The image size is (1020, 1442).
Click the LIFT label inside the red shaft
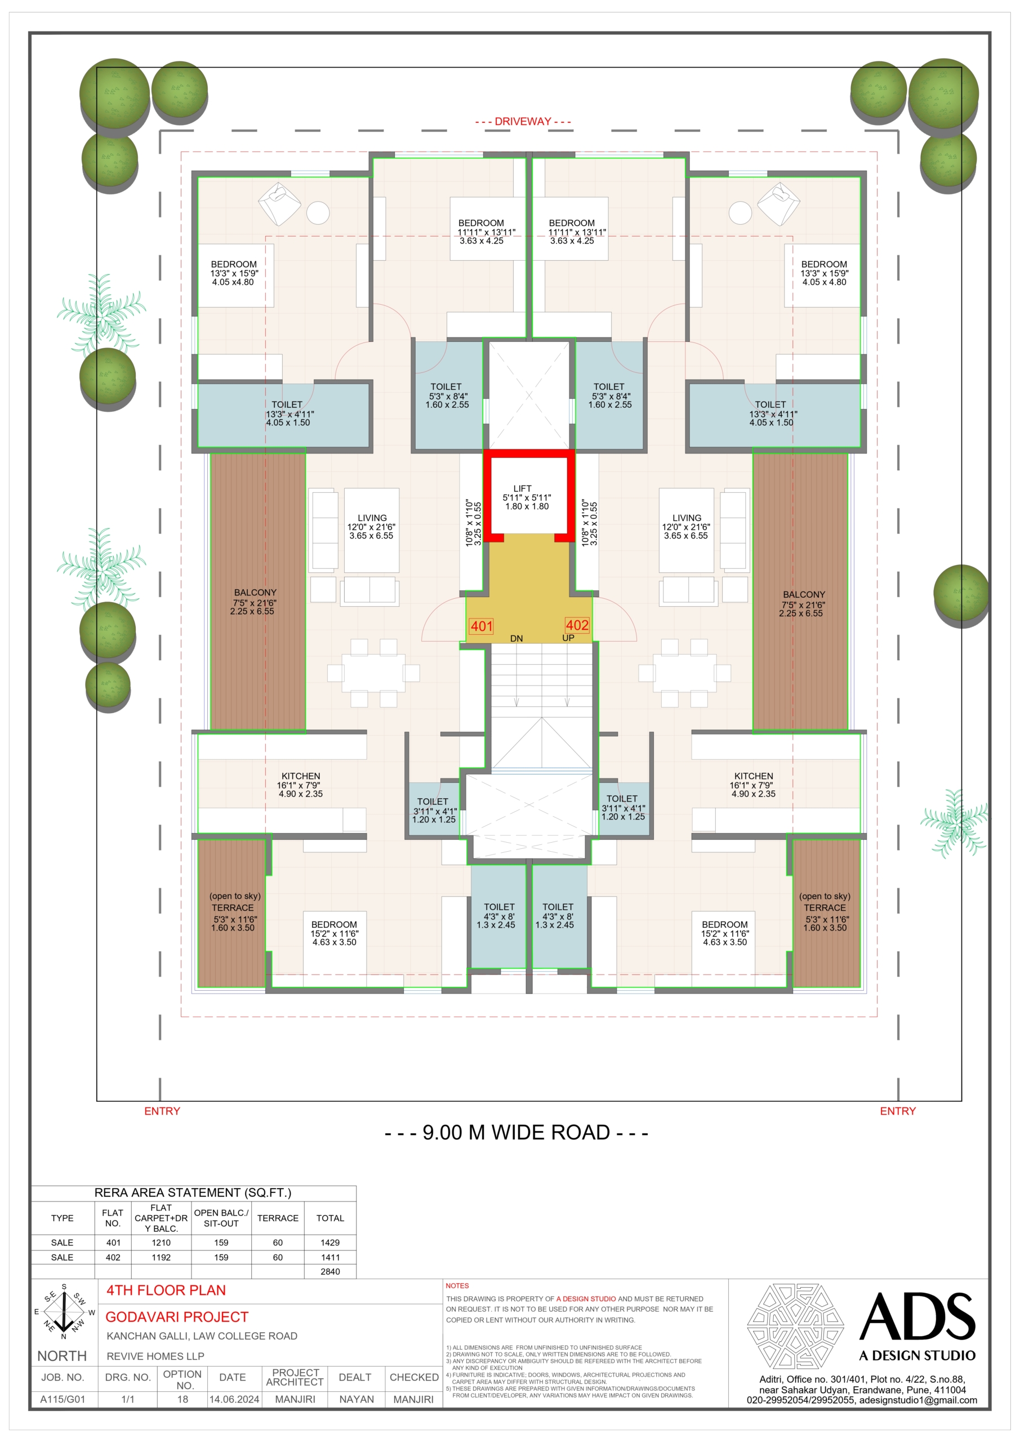(522, 488)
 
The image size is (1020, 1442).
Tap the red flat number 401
(482, 626)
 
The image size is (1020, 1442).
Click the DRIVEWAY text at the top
(523, 121)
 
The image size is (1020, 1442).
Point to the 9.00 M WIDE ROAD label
(516, 1132)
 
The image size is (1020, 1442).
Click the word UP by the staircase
(568, 638)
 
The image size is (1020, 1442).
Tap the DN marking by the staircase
(516, 638)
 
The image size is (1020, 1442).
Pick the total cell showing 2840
(331, 1271)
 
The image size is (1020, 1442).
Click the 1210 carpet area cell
(162, 1242)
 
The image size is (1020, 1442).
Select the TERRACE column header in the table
(278, 1218)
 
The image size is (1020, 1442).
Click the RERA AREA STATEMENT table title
(193, 1192)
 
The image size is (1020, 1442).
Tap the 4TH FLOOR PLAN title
(166, 1290)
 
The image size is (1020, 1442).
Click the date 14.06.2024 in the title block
(234, 1399)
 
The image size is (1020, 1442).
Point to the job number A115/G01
(62, 1399)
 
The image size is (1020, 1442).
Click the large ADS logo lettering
(917, 1316)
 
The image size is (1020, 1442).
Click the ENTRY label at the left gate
(162, 1111)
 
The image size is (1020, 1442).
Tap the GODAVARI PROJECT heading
(177, 1316)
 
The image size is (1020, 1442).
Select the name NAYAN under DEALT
(356, 1399)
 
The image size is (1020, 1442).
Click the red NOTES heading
(457, 1285)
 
